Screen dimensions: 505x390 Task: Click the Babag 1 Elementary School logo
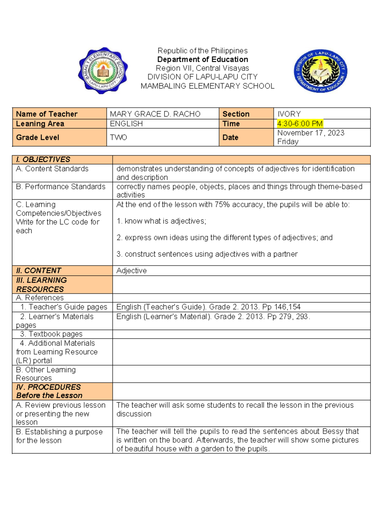click(x=103, y=71)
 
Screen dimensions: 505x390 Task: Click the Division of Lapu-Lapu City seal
click(x=320, y=71)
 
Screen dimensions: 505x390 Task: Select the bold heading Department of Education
click(x=202, y=60)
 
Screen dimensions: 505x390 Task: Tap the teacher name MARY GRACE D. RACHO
click(x=155, y=114)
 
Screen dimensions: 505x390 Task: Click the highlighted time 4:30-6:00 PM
click(x=300, y=124)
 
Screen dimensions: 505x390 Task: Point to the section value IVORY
click(x=289, y=114)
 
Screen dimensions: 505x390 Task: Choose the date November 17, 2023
click(x=310, y=133)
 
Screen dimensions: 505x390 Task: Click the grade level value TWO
click(x=118, y=138)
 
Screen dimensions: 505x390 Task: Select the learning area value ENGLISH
click(x=126, y=124)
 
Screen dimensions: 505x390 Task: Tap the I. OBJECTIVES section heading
click(x=43, y=160)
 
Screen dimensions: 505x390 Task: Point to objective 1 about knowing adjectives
click(x=161, y=221)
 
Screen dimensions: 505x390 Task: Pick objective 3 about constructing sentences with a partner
click(x=207, y=254)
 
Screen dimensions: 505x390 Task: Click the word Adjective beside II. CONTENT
click(x=131, y=271)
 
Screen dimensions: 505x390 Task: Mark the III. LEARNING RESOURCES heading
click(x=41, y=285)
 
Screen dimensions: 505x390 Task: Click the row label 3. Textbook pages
click(x=51, y=334)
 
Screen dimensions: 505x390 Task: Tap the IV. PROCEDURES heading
click(x=48, y=387)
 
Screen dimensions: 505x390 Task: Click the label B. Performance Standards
click(x=60, y=187)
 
